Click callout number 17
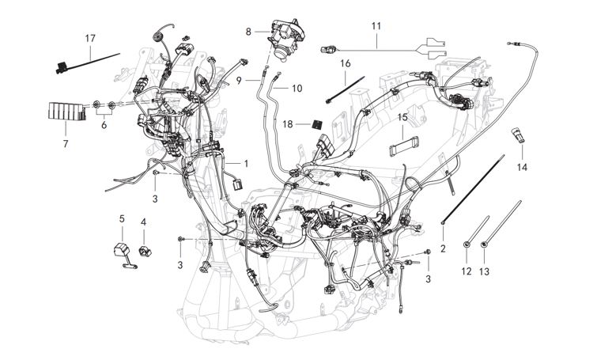pyautogui.click(x=90, y=38)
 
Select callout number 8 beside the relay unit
pyautogui.click(x=248, y=32)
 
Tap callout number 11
pyautogui.click(x=376, y=26)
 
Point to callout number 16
pyautogui.click(x=346, y=63)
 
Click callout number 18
pyautogui.click(x=288, y=124)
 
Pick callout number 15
pyautogui.click(x=402, y=117)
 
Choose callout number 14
pyautogui.click(x=522, y=168)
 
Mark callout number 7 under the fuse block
pyautogui.click(x=66, y=144)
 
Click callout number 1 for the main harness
pyautogui.click(x=246, y=164)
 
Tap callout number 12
pyautogui.click(x=467, y=271)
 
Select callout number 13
pyautogui.click(x=485, y=271)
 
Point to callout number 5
pyautogui.click(x=122, y=218)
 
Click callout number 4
pyautogui.click(x=143, y=222)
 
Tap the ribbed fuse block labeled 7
pyautogui.click(x=66, y=112)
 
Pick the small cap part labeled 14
pyautogui.click(x=519, y=135)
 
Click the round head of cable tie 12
pyautogui.click(x=467, y=247)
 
